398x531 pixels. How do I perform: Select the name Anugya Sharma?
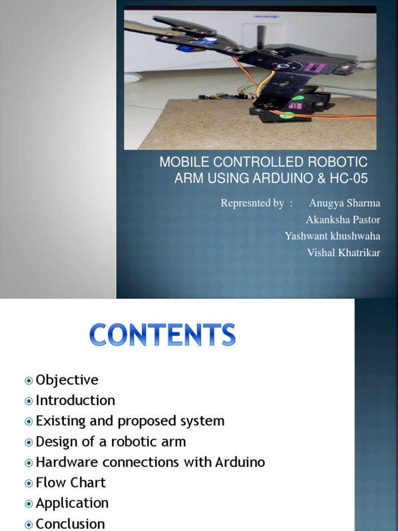[345, 203]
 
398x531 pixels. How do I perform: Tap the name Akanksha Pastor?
[343, 219]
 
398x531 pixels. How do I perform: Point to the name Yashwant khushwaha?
[332, 236]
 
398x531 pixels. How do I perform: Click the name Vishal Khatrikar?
[344, 253]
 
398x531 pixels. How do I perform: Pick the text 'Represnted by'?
[252, 203]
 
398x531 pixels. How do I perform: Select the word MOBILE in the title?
[180, 162]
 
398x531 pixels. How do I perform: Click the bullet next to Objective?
[29, 381]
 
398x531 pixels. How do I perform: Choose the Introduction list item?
[75, 400]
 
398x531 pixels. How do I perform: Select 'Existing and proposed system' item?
[130, 421]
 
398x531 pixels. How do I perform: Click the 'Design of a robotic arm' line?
[110, 441]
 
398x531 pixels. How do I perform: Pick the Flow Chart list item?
[70, 482]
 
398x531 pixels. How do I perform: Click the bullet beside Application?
[29, 504]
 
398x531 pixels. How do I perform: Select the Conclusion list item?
[70, 523]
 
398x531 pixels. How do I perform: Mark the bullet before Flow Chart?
[29, 483]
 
